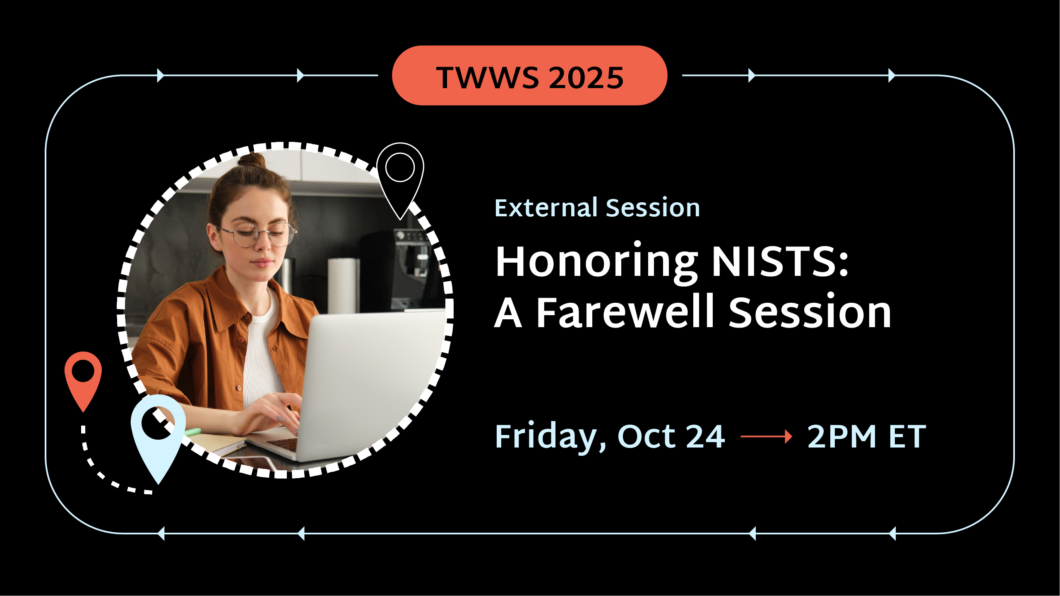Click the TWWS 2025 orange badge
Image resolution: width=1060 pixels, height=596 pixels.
coord(529,76)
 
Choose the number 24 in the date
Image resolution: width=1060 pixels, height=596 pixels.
coord(705,436)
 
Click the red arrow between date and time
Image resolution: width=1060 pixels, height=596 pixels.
coord(766,436)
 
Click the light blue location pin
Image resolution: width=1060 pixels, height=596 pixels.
coord(158,434)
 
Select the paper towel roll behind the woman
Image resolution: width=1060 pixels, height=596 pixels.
coord(343,285)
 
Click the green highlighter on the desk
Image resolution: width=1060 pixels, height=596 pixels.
coord(192,433)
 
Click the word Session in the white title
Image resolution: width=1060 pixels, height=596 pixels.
coord(810,313)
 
